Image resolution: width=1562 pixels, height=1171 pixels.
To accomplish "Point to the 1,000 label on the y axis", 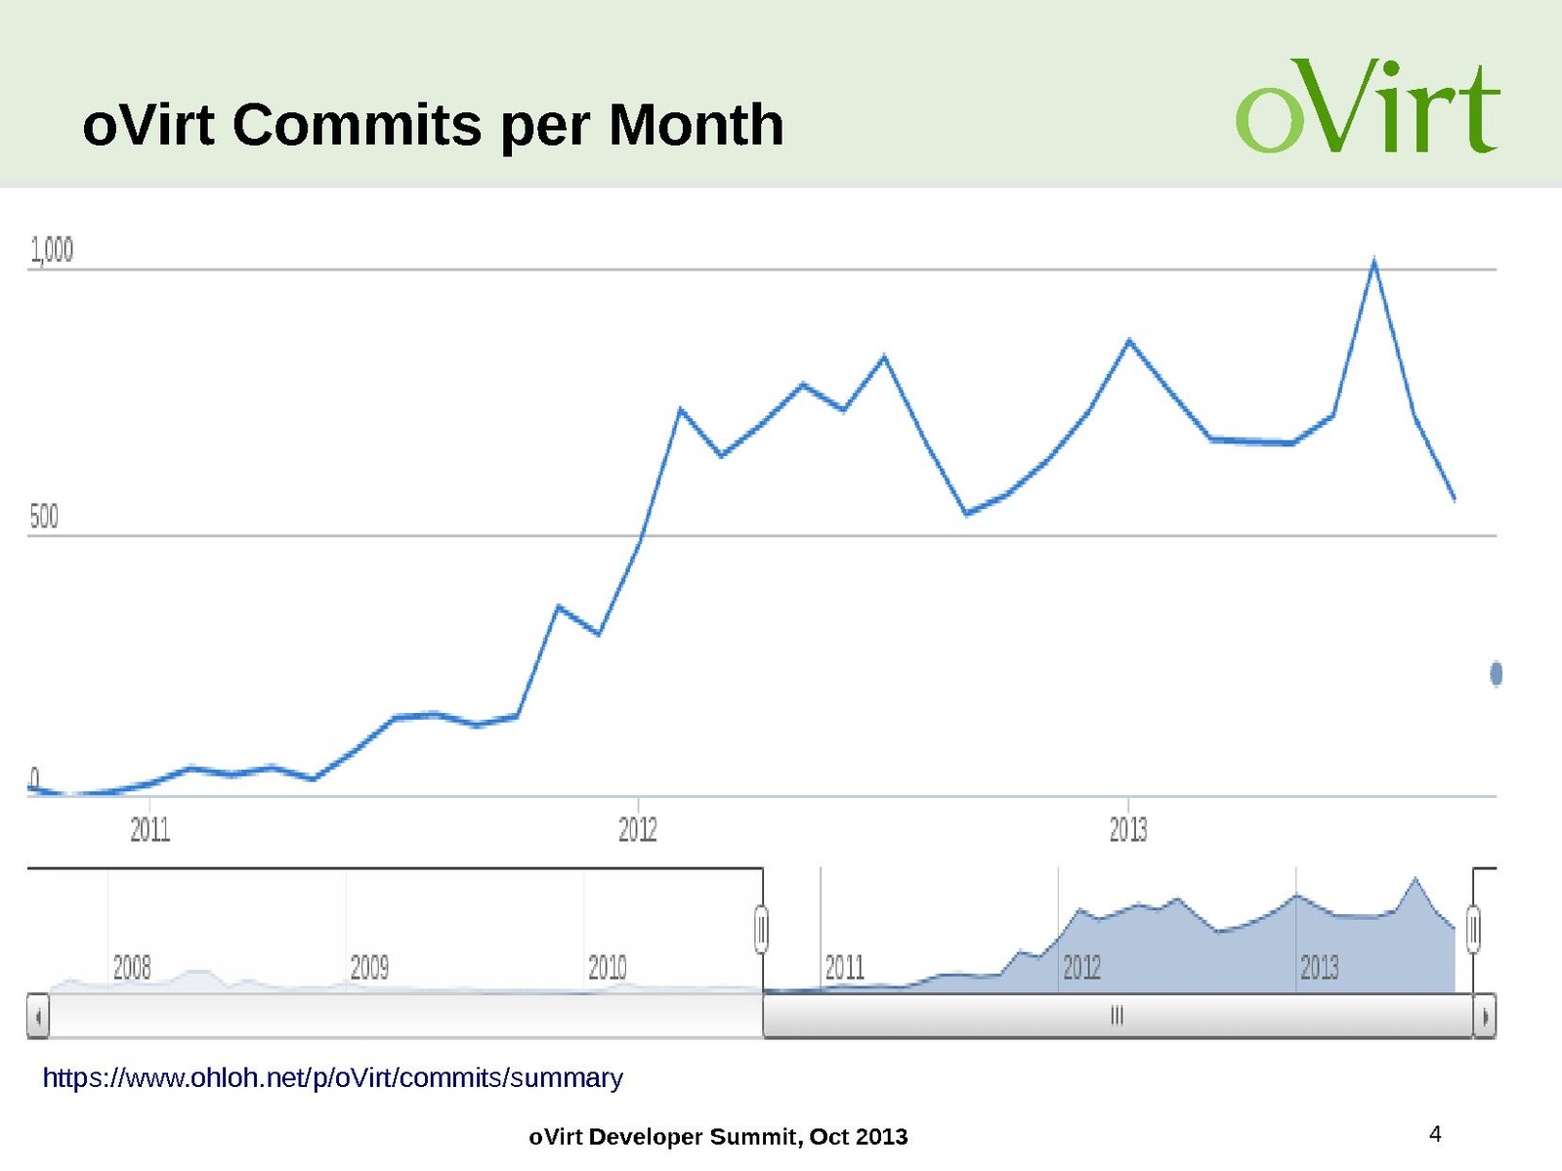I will tap(52, 250).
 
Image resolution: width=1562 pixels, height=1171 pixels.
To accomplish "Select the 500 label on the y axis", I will tap(44, 517).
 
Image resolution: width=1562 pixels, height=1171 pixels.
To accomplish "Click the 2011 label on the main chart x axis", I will tap(150, 829).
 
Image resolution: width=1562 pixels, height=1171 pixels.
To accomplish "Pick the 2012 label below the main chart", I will tap(638, 829).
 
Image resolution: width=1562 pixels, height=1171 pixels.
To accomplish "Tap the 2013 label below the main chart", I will tap(1128, 829).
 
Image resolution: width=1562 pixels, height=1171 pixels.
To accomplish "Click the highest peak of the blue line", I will tap(1374, 262).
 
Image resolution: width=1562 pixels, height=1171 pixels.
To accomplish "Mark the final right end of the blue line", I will tap(1455, 499).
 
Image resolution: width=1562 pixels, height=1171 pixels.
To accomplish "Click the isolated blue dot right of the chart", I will tap(1496, 673).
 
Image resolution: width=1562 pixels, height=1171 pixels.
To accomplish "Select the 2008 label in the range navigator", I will tap(132, 967).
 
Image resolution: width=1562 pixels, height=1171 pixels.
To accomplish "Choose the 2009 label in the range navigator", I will tap(369, 967).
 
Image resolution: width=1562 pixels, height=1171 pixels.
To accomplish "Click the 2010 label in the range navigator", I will tap(607, 967).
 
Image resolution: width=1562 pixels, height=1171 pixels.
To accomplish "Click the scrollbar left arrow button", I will tap(38, 1017).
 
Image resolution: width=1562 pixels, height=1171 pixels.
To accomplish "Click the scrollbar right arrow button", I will tap(1485, 1017).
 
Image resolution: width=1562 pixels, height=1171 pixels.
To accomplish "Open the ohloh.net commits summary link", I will tap(332, 1077).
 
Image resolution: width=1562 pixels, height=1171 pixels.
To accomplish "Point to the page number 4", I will tap(1435, 1133).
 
